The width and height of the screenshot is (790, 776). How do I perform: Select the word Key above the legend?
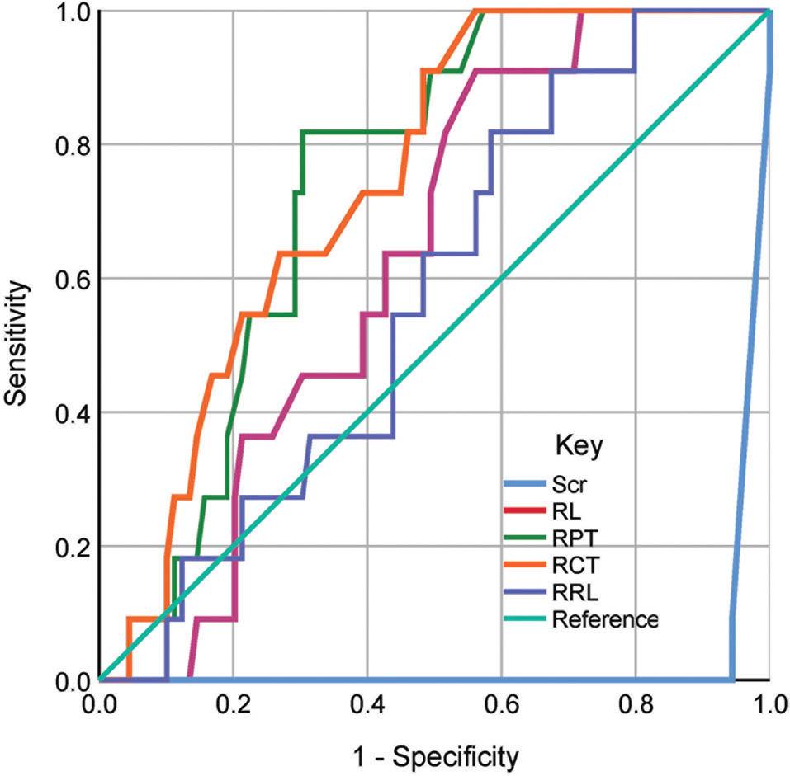pos(578,448)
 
